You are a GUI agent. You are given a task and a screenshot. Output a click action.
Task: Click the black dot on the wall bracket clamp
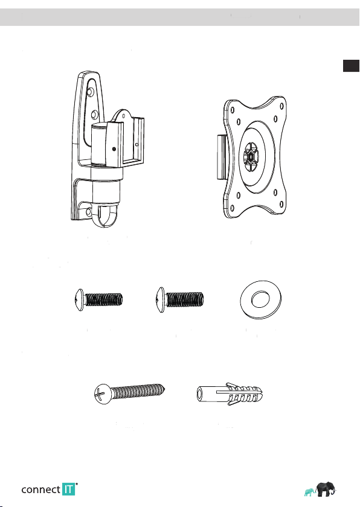click(114, 149)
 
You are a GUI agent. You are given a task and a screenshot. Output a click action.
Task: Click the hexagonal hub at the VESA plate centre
click(251, 157)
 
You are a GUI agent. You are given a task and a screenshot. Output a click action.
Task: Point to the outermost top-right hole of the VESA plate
click(281, 106)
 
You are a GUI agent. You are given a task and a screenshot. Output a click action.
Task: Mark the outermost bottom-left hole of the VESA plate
click(232, 208)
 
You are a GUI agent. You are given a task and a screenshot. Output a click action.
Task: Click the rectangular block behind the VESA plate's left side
click(222, 157)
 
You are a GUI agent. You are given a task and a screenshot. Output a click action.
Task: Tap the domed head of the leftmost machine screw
click(80, 300)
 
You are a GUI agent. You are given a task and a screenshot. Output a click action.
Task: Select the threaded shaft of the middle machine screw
click(184, 299)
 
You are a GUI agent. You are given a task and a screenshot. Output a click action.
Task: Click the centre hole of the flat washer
click(260, 299)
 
